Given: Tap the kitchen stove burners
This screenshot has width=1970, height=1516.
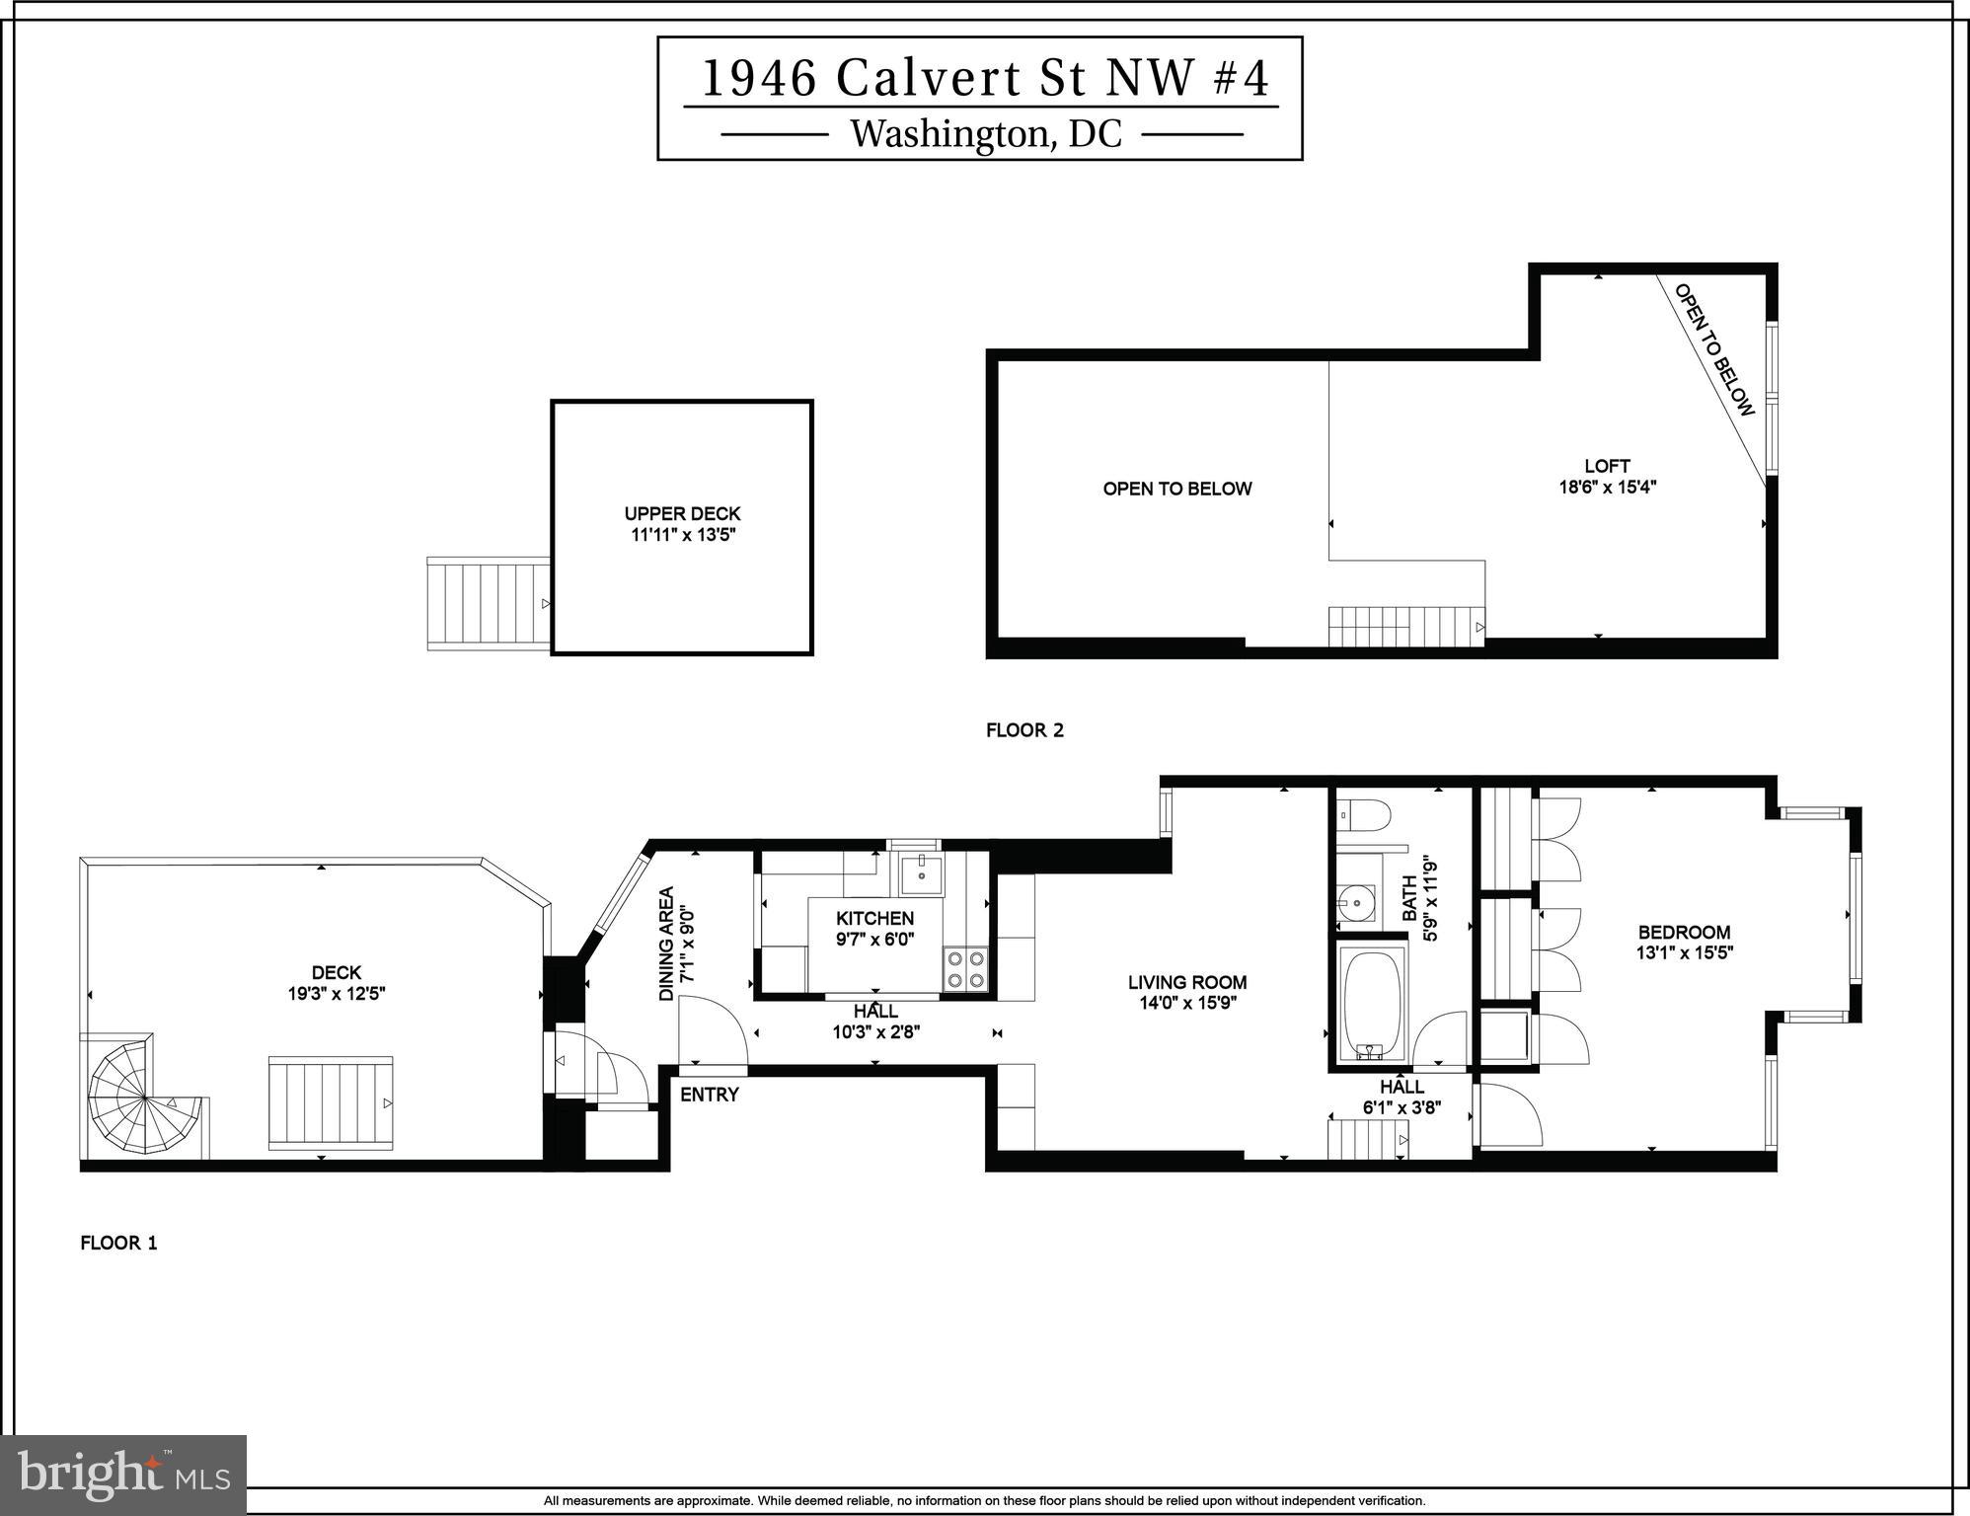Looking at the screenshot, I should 965,968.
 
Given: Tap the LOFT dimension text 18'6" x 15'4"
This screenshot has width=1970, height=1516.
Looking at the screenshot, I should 1607,487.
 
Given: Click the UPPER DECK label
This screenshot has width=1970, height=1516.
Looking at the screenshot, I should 682,513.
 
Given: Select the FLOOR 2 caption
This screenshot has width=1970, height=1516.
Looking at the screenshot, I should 1024,730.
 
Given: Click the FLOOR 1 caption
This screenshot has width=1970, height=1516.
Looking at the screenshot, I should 118,1243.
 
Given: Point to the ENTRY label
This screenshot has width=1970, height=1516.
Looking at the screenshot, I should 709,1095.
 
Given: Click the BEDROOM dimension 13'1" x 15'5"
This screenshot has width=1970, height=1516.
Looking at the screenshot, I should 1684,953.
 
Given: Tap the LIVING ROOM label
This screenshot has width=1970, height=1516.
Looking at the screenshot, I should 1186,982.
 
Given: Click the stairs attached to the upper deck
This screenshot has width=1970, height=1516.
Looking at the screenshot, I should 488,603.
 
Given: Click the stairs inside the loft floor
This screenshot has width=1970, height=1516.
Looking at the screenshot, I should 1404,626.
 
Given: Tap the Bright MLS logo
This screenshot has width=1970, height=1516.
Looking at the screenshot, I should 123,1475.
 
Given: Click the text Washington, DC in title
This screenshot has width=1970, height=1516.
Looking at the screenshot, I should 986,134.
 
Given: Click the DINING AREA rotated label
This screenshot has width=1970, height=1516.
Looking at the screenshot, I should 667,944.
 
